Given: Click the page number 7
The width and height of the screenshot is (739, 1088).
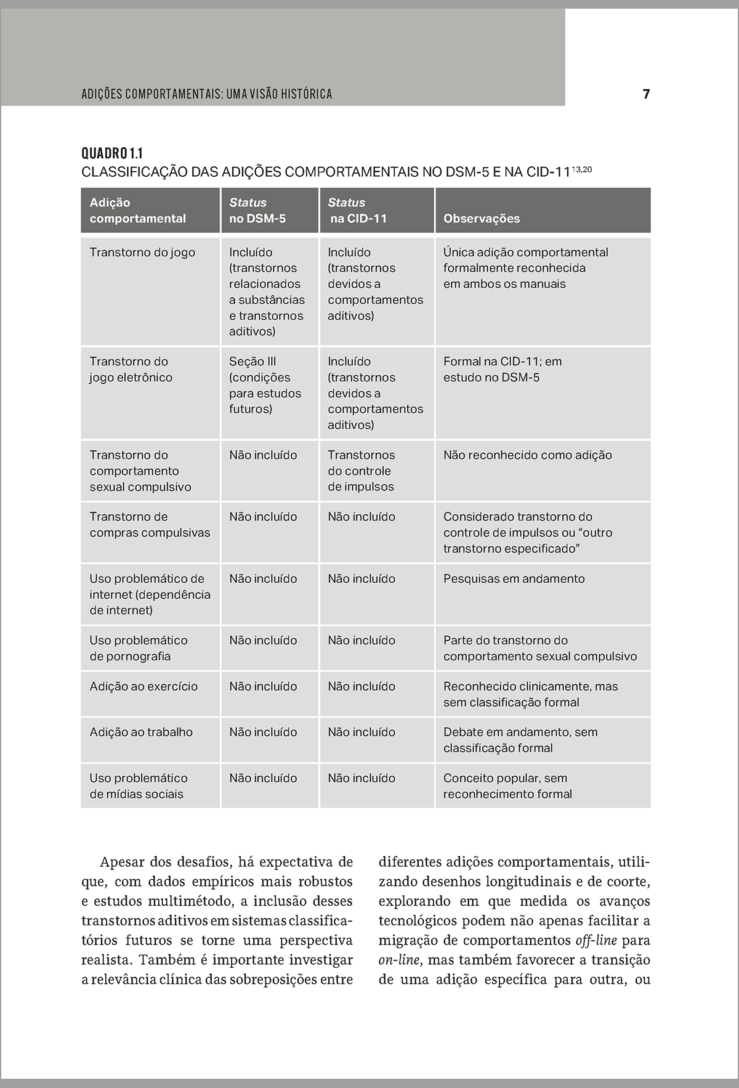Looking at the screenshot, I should point(646,94).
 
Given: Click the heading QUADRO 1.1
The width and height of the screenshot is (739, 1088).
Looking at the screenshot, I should point(112,153).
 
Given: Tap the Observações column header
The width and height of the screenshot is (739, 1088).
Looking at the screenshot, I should point(481,219).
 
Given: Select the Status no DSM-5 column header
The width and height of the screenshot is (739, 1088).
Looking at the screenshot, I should point(257,210).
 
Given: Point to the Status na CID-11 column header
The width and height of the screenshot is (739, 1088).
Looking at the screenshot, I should point(357,210).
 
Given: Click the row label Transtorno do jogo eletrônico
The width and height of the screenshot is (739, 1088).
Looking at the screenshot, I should point(131,370).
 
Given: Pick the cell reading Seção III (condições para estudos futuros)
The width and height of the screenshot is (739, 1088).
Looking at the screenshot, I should point(265,385).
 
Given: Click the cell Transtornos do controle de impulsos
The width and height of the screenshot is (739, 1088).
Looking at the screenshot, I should point(361,471).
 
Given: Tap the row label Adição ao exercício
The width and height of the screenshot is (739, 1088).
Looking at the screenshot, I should point(143,686).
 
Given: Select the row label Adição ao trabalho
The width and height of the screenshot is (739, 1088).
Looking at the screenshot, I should point(141,732).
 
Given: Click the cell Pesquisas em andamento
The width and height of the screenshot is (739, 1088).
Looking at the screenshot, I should point(514,579).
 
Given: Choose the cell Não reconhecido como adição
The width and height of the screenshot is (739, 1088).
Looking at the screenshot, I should point(527,455).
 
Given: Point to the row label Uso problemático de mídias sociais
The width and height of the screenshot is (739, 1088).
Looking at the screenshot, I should point(138,786).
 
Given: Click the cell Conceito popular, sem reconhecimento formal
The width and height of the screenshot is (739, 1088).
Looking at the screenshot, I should point(507,786).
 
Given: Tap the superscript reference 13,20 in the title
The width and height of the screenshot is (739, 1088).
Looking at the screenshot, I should point(581,169).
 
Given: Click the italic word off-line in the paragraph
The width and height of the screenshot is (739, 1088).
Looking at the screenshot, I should point(595,941).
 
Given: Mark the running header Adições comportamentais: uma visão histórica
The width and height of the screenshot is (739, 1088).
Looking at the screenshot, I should point(207,94).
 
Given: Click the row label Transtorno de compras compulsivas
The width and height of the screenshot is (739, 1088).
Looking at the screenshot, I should point(150,525).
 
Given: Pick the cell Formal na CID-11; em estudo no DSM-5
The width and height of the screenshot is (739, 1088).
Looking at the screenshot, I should point(502,370).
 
